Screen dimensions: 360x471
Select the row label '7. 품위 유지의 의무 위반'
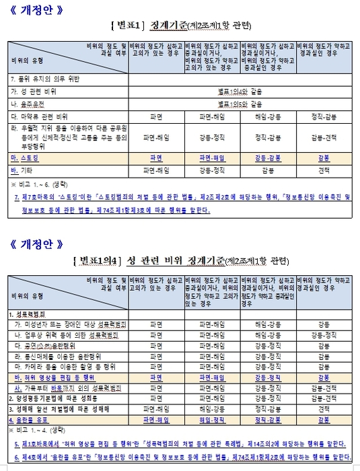(x=44, y=79)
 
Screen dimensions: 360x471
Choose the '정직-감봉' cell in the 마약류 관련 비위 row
(x=322, y=116)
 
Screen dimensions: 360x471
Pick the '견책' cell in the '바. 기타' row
(x=322, y=170)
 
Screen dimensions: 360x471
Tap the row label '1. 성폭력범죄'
(x=31, y=314)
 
